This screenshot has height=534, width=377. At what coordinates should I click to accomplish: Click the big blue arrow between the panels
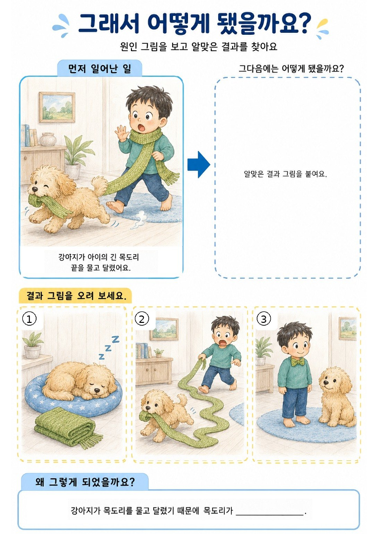tap(199, 164)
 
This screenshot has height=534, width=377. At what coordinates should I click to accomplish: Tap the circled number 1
tap(29, 319)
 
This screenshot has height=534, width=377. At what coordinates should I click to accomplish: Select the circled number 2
tap(142, 319)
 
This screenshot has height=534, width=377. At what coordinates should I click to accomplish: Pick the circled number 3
tap(264, 319)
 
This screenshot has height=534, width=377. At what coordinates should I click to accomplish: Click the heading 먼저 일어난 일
tap(100, 69)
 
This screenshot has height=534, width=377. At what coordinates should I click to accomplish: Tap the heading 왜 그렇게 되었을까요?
tap(85, 482)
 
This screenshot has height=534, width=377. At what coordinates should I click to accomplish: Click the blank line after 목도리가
tap(269, 515)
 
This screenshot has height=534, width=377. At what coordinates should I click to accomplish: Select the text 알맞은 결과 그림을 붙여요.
tap(285, 174)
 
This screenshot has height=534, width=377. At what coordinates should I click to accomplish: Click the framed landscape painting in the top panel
tap(57, 107)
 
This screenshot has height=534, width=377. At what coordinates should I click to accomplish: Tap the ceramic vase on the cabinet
tap(48, 139)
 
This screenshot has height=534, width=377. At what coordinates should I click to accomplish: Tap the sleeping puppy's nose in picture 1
tap(98, 390)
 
